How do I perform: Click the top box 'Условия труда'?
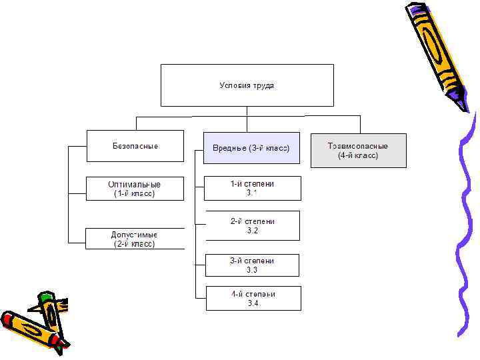[x=247, y=85]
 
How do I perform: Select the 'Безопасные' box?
[x=135, y=145]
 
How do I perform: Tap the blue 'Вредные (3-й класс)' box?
[x=251, y=148]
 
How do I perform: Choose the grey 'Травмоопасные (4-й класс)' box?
[x=358, y=150]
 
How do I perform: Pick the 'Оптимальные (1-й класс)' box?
[x=135, y=189]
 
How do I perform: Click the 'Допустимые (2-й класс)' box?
[x=135, y=239]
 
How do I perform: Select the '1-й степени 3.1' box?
[x=252, y=188]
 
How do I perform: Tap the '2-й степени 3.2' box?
[x=252, y=225]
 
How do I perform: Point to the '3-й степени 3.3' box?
[x=252, y=265]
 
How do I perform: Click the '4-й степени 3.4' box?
[x=253, y=298]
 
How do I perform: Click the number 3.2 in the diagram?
[x=252, y=231]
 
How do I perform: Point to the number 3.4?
[x=253, y=303]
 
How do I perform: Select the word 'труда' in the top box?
[x=263, y=85]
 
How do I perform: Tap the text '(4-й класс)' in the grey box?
[x=358, y=155]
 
